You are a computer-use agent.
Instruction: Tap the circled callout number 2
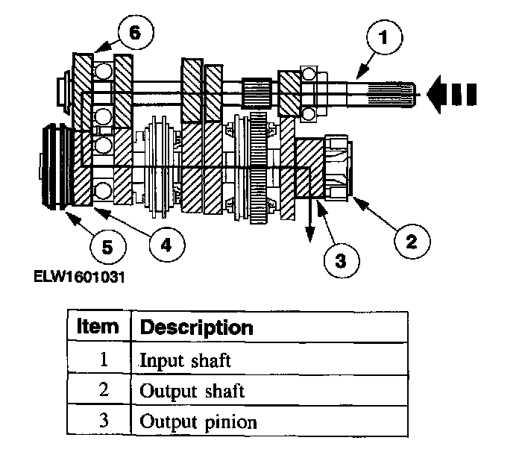point(411,240)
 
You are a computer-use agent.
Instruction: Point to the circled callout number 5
point(107,247)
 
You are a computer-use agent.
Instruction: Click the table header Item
point(98,327)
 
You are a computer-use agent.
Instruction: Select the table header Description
point(196,327)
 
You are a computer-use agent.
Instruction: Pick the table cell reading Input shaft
point(186,360)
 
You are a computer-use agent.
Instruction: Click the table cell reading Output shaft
point(192,391)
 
